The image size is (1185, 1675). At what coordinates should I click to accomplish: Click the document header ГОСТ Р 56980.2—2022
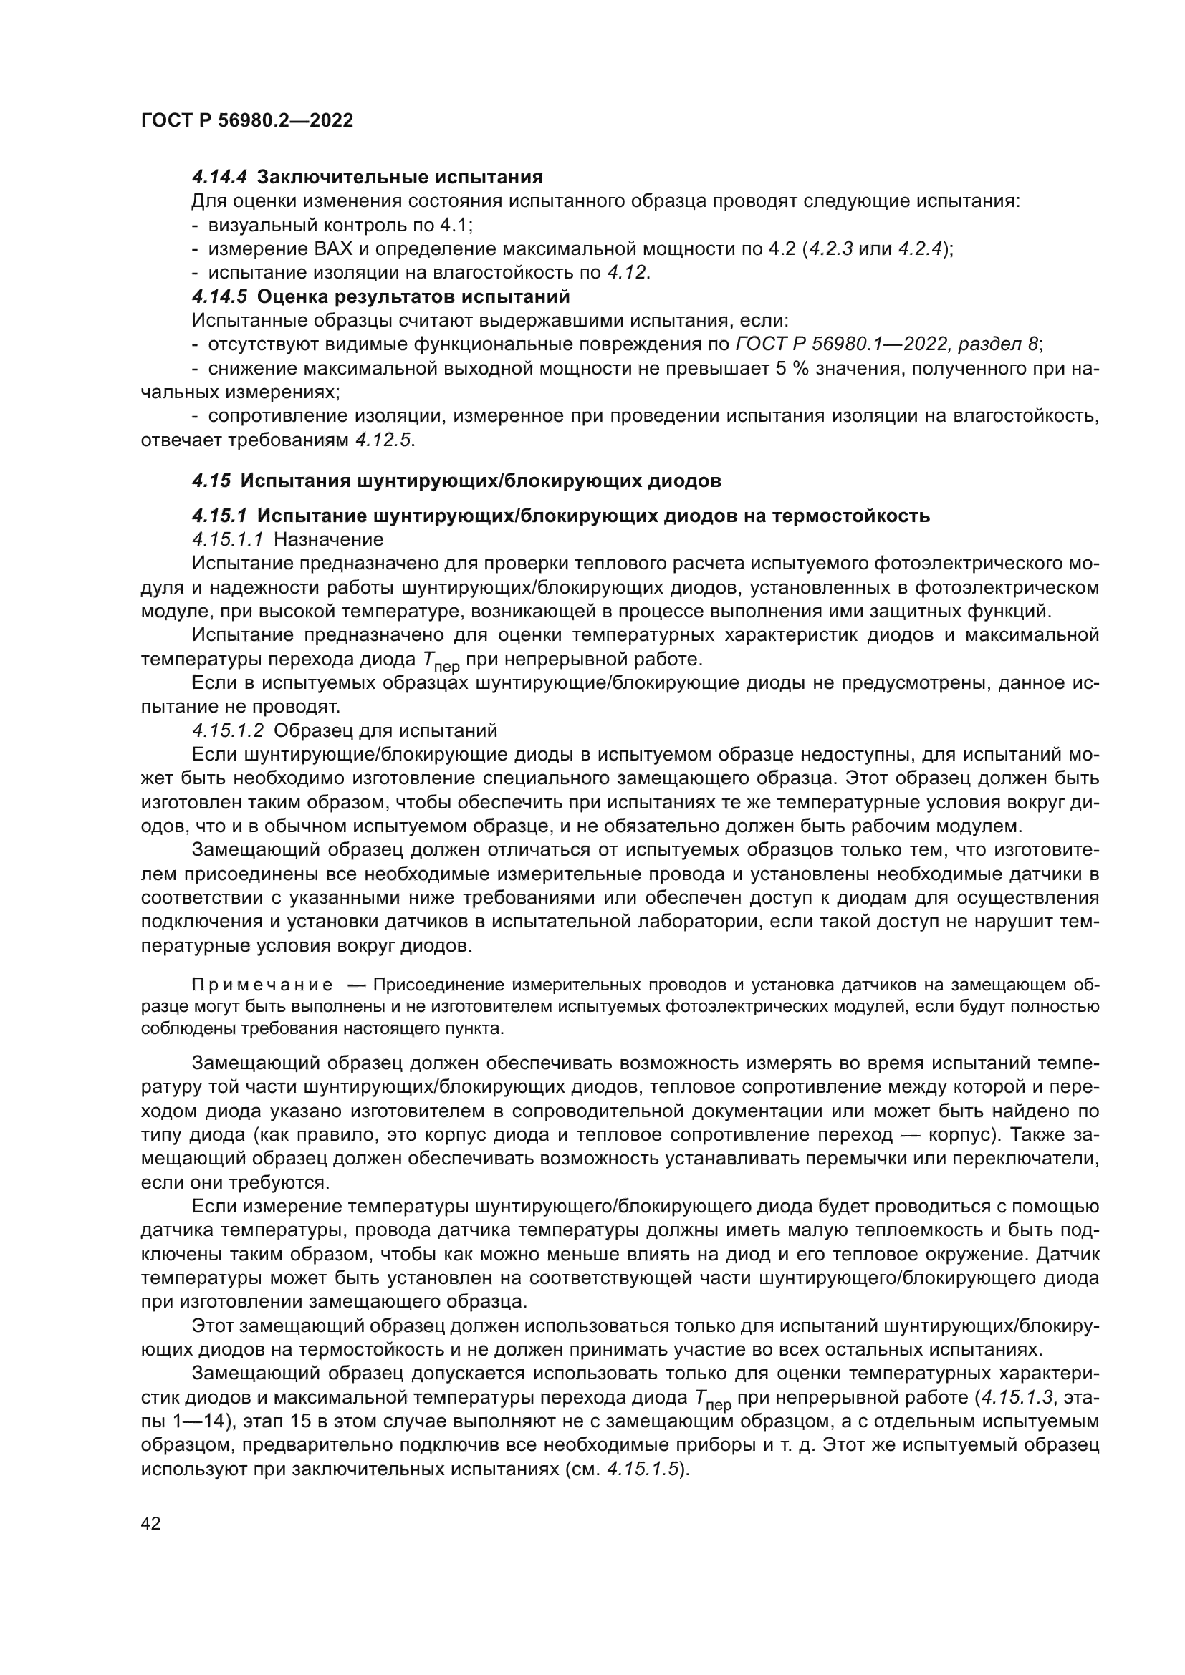pos(246,121)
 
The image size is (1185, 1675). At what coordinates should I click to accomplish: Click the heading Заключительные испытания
pos(400,178)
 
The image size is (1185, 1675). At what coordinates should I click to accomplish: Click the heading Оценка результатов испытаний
pos(413,297)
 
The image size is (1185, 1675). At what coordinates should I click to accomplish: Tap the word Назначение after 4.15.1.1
pos(328,540)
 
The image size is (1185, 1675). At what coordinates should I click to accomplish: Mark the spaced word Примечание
pos(262,985)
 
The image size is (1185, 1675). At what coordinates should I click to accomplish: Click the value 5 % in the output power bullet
pos(791,368)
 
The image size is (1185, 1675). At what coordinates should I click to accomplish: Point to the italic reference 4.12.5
pos(383,440)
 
